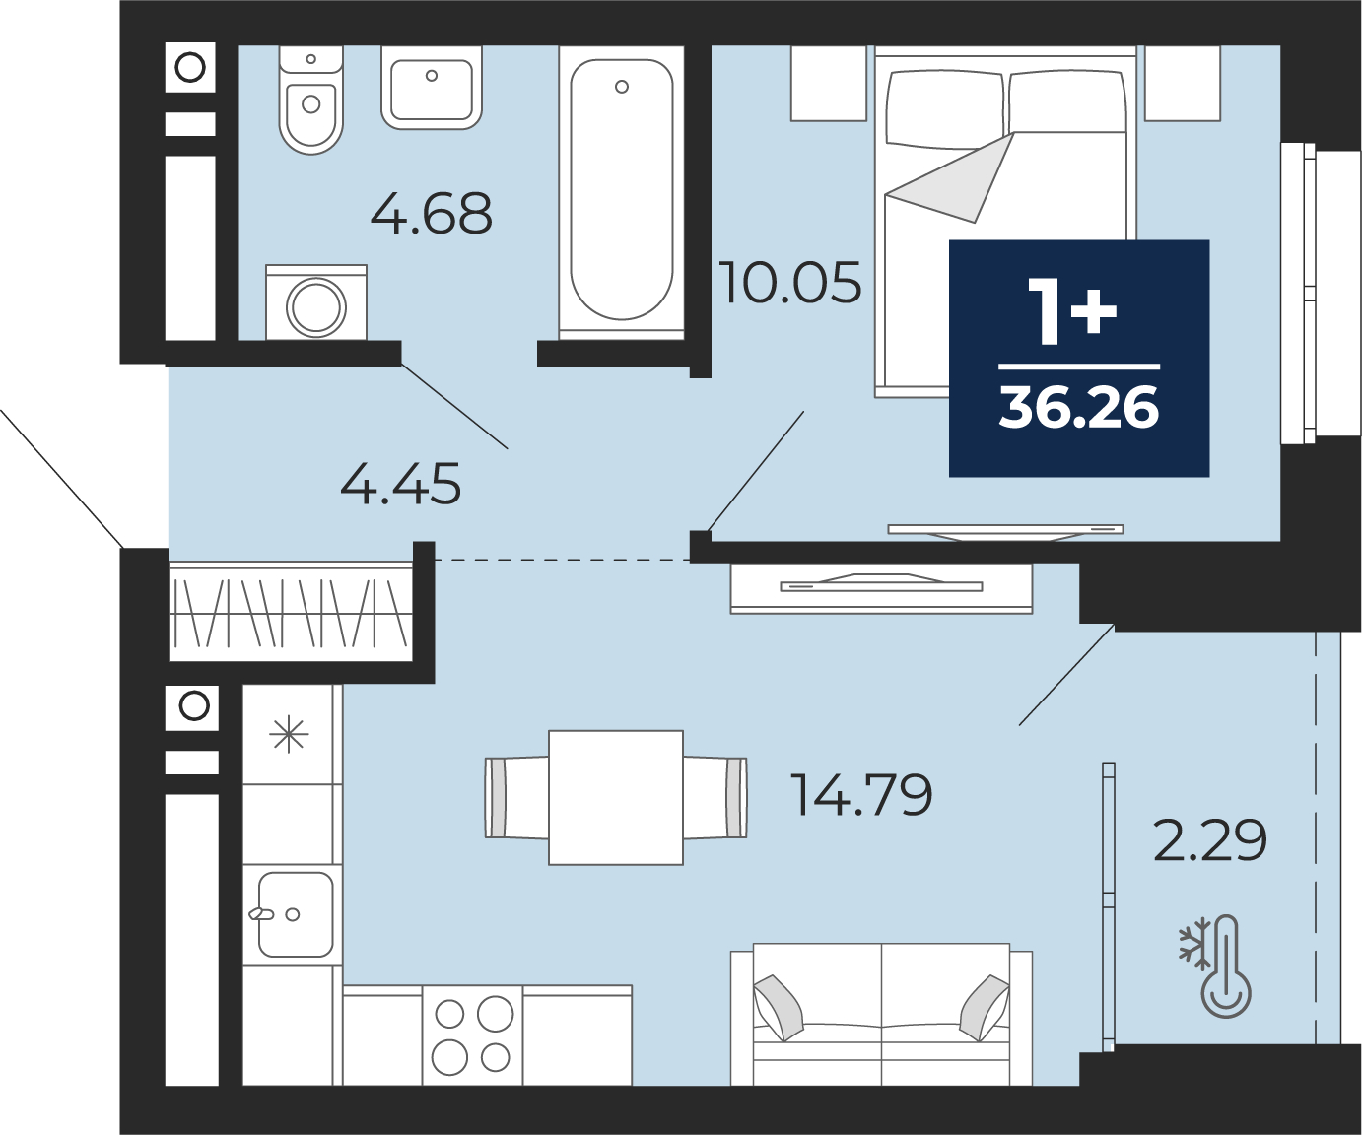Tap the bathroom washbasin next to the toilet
pyautogui.click(x=432, y=88)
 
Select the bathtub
pyautogui.click(x=621, y=193)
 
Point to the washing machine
pyautogui.click(x=316, y=302)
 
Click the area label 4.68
pyautogui.click(x=432, y=213)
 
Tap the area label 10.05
pyautogui.click(x=790, y=283)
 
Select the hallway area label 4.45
pyautogui.click(x=400, y=484)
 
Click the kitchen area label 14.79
pyautogui.click(x=861, y=794)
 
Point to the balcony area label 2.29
pyautogui.click(x=1210, y=840)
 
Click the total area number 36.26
pyautogui.click(x=1079, y=407)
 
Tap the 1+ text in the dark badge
pyautogui.click(x=1072, y=310)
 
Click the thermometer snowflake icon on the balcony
pyautogui.click(x=1215, y=967)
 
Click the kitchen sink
pyautogui.click(x=294, y=914)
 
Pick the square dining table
pyautogui.click(x=616, y=798)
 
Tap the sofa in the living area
pyautogui.click(x=881, y=1015)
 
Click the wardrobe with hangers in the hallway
pyautogui.click(x=291, y=612)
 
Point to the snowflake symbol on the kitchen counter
pyautogui.click(x=289, y=735)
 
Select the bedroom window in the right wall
pyautogui.click(x=1299, y=294)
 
